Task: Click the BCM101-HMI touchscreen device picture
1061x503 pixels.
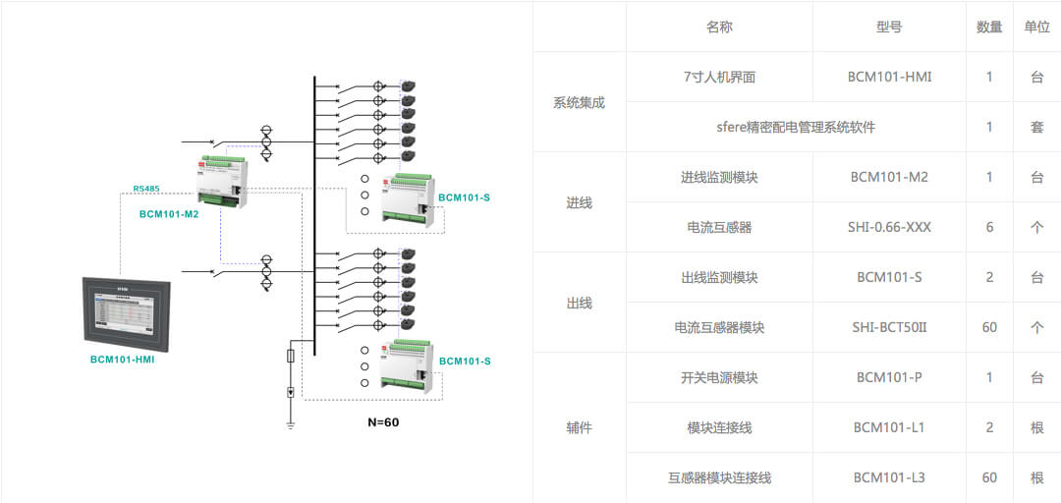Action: (127, 312)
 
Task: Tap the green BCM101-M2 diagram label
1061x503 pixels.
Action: (169, 213)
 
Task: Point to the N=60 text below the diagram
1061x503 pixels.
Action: (383, 422)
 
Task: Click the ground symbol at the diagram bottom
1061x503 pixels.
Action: (291, 424)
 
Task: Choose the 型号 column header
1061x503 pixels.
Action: (889, 27)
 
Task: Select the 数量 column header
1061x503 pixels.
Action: (989, 27)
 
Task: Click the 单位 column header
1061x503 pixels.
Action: (1036, 27)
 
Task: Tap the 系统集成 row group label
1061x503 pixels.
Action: (579, 102)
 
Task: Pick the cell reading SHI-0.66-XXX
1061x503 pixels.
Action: (889, 227)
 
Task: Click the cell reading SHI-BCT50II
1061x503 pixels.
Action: (889, 327)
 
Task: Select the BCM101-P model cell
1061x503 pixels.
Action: (889, 377)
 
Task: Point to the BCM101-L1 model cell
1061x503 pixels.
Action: (889, 427)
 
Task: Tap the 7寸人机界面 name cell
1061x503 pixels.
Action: (719, 77)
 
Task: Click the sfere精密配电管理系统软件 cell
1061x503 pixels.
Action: (796, 127)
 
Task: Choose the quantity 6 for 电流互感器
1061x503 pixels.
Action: (989, 227)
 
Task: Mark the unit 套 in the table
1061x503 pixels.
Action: (1036, 127)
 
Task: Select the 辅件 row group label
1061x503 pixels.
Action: (579, 427)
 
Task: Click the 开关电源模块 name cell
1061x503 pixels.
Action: (719, 377)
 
